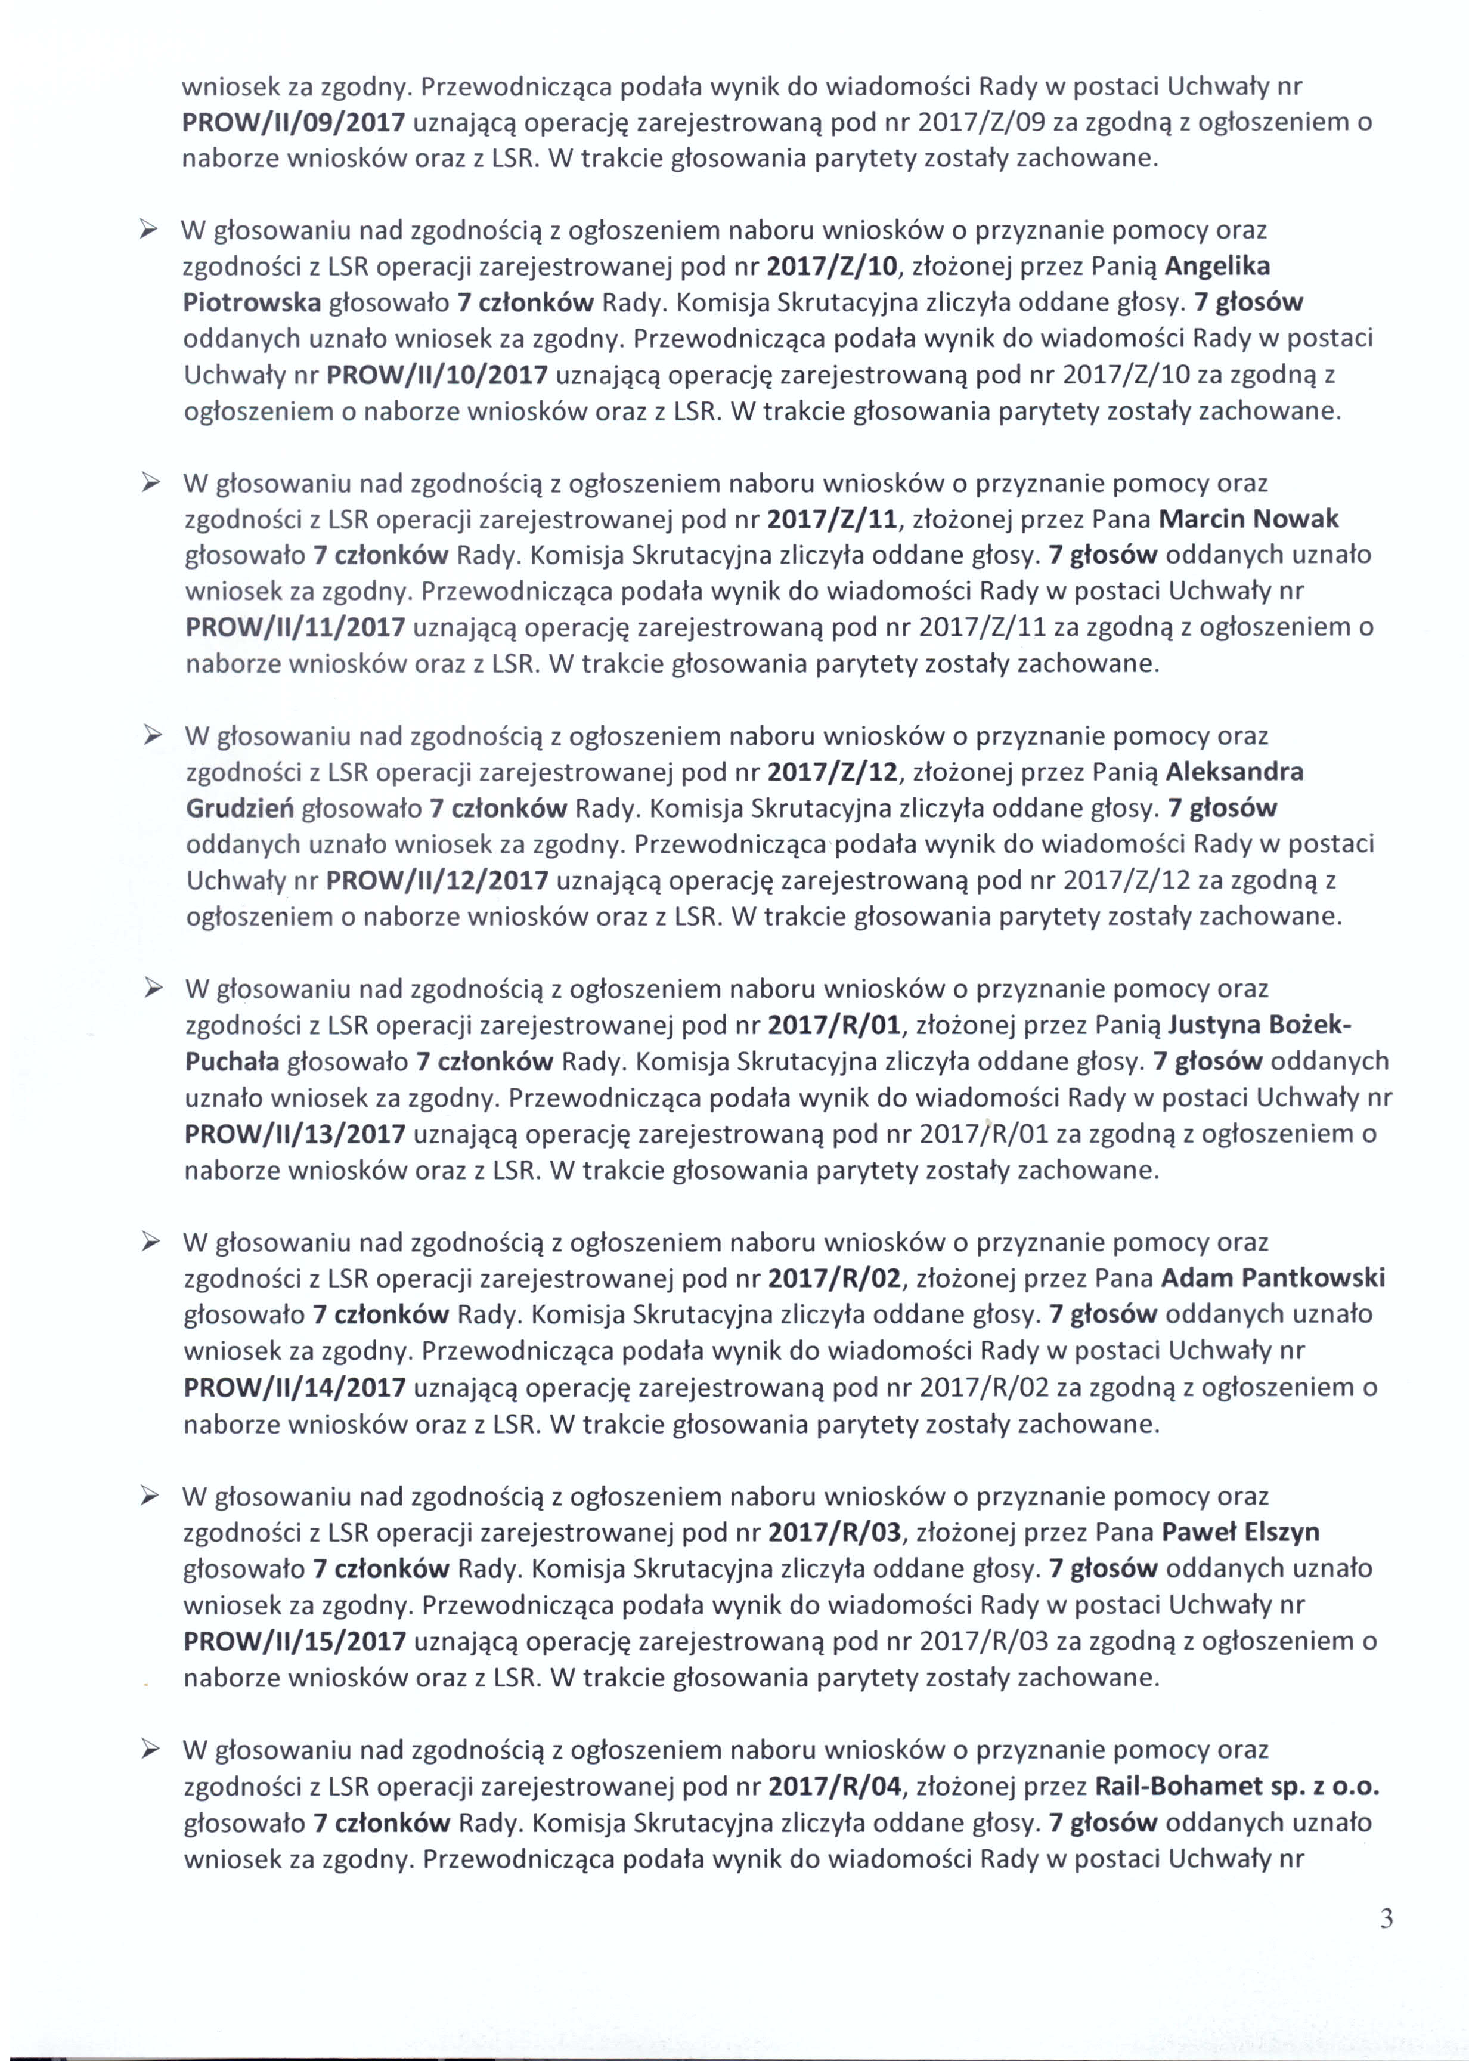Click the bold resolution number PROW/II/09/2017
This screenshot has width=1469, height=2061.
point(294,122)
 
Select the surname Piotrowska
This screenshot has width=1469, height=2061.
point(252,302)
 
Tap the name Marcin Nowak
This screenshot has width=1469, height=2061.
point(1248,519)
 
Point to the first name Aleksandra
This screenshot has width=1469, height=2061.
point(1235,772)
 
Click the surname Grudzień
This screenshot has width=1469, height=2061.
point(239,808)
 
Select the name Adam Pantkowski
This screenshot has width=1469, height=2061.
point(1273,1279)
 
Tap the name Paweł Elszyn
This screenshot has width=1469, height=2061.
point(1240,1531)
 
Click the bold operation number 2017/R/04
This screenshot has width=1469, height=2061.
point(835,1787)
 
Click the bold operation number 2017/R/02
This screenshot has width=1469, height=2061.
point(835,1279)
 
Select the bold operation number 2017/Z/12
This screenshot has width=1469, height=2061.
point(833,772)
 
